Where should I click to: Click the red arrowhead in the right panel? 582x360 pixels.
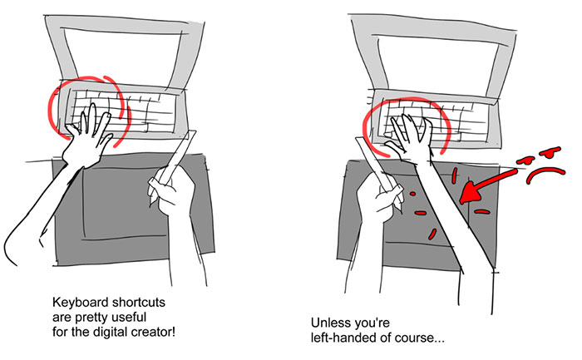(470, 192)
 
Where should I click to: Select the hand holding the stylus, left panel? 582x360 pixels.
(173, 190)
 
